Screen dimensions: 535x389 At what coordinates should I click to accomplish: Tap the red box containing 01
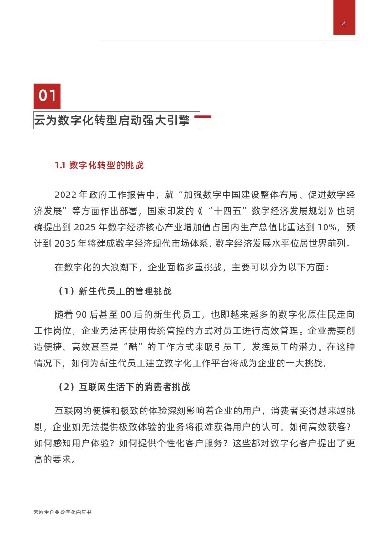coord(47,96)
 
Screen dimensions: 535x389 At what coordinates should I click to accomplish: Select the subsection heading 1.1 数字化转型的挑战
coord(99,165)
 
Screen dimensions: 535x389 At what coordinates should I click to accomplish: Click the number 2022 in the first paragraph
coord(65,195)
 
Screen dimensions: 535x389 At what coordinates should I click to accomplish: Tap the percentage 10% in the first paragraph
coord(332,226)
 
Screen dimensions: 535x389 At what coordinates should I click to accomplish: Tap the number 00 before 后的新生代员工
coord(126,314)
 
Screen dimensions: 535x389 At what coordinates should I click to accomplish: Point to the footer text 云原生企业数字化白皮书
coord(63,513)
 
